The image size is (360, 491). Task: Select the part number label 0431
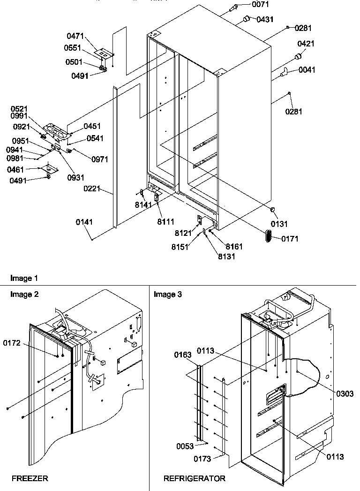point(265,19)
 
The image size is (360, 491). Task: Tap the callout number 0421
point(306,44)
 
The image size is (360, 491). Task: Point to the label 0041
point(307,70)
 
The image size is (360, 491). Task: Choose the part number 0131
point(279,224)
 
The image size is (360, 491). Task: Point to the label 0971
point(99,159)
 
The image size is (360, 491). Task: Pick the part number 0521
point(20,109)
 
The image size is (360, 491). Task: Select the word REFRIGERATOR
point(194,479)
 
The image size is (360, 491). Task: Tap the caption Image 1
point(23,279)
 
